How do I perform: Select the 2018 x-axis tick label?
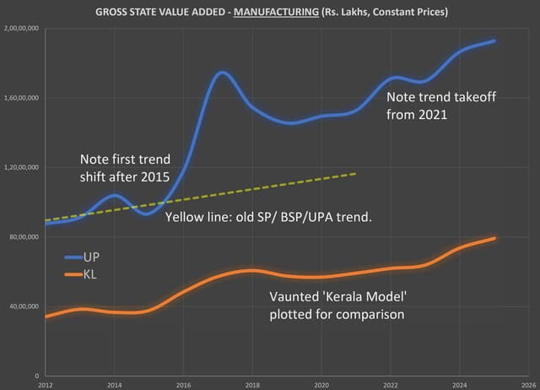point(251,384)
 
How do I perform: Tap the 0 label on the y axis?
point(37,376)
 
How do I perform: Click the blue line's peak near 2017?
point(221,73)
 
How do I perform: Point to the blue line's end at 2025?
point(494,41)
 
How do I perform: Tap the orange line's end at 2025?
point(494,238)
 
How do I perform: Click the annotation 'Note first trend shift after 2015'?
point(125,168)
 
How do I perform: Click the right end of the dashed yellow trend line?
point(356,173)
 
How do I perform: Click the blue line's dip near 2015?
point(148,214)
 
